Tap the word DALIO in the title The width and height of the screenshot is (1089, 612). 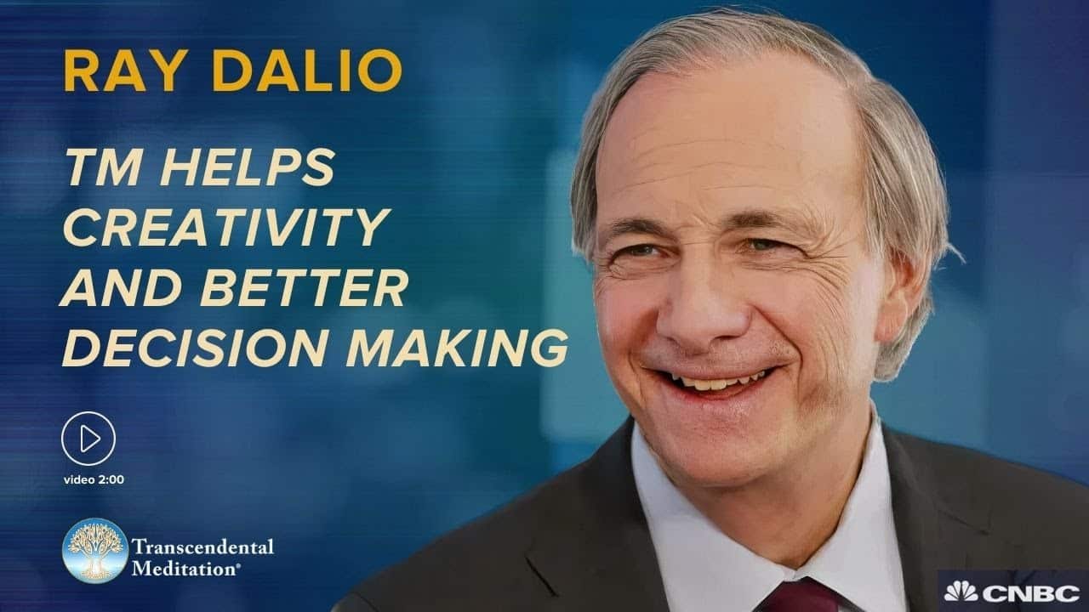[307, 71]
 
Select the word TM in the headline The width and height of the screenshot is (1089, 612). [106, 167]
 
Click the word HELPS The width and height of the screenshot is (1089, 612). [248, 167]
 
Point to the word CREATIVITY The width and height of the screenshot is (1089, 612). [227, 227]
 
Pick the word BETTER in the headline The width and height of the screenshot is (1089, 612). [305, 286]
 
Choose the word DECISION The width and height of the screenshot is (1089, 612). [195, 348]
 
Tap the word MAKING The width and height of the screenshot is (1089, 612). [457, 348]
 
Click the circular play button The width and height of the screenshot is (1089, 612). [88, 439]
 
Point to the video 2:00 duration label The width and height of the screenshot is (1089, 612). [94, 480]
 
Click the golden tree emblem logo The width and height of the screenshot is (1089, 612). [95, 550]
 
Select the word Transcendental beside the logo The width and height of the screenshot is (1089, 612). [202, 547]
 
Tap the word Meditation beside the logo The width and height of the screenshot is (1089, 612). [185, 568]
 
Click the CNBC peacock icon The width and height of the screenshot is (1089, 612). [961, 591]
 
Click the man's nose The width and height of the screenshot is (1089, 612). [705, 311]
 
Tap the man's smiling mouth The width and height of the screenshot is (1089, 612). [715, 382]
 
